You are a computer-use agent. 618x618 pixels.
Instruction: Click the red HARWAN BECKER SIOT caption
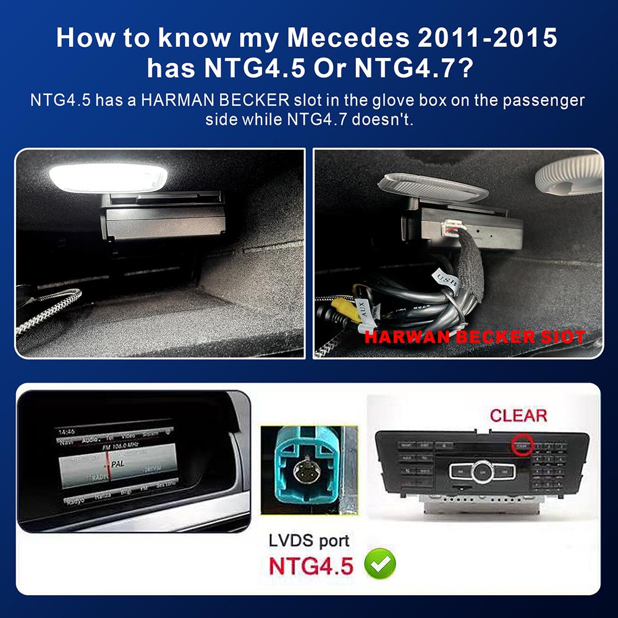point(475,337)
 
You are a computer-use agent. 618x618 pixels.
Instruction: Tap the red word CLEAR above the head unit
point(519,415)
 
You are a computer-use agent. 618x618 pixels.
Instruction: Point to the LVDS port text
point(309,541)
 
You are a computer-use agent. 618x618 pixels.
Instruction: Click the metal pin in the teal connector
point(305,472)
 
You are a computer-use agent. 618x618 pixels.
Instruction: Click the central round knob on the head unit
point(483,472)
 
